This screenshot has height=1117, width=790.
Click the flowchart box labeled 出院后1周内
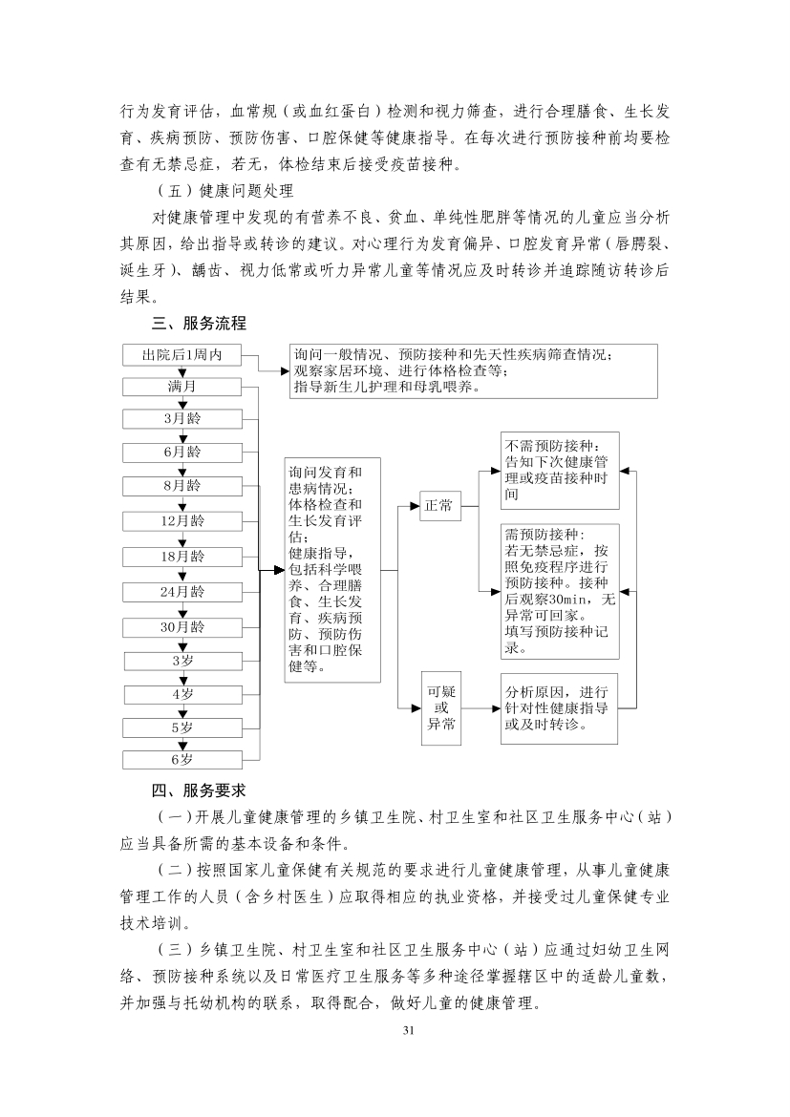pyautogui.click(x=182, y=355)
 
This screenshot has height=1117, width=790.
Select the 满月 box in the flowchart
pyautogui.click(x=182, y=387)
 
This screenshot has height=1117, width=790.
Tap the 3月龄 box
pyautogui.click(x=182, y=418)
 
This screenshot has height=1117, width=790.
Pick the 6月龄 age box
pyautogui.click(x=182, y=452)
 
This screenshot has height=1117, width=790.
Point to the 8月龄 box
pyautogui.click(x=182, y=486)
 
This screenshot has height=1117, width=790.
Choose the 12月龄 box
pyautogui.click(x=182, y=521)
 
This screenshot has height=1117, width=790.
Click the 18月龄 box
pyautogui.click(x=182, y=556)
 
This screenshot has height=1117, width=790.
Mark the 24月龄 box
pyautogui.click(x=182, y=592)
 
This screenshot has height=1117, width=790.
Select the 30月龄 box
pyautogui.click(x=182, y=627)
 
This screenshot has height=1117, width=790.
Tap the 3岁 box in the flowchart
pyautogui.click(x=182, y=661)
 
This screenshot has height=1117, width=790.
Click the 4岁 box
pyautogui.click(x=182, y=694)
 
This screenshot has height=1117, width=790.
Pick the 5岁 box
pyautogui.click(x=182, y=727)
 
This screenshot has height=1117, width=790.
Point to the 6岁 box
pyautogui.click(x=182, y=760)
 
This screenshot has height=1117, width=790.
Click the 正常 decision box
pyautogui.click(x=439, y=505)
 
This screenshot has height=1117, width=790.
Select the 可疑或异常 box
pyautogui.click(x=440, y=709)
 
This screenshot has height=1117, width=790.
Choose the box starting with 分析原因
pyautogui.click(x=559, y=709)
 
